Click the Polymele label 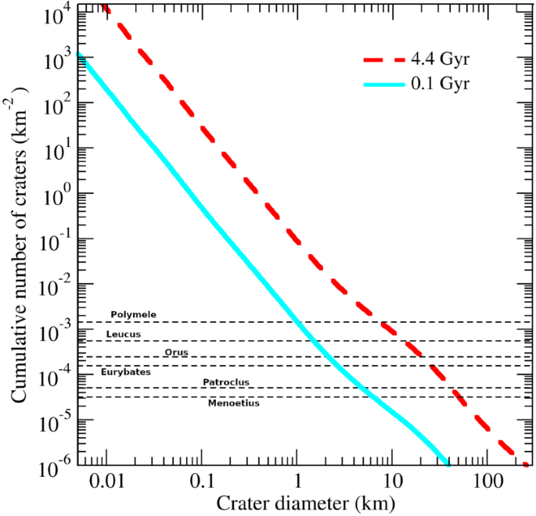click(133, 314)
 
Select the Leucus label click(123, 334)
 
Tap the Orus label click(177, 352)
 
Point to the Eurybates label click(125, 371)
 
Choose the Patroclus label click(225, 382)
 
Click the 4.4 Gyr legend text click(444, 60)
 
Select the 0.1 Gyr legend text click(444, 82)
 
